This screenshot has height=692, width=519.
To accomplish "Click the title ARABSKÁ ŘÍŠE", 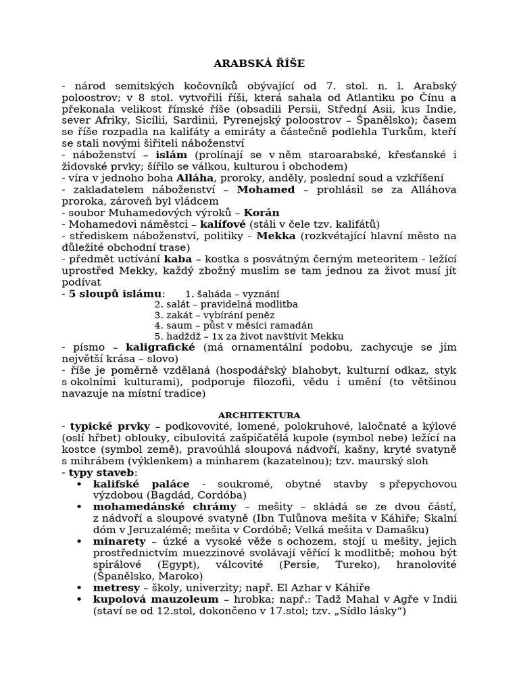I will [x=259, y=64].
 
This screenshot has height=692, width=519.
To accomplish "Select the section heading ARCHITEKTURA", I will [x=259, y=414].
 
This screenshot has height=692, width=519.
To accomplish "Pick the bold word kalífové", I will [x=220, y=224].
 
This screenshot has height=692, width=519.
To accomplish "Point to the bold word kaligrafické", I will [x=160, y=347].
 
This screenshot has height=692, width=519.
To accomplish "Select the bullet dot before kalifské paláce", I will [x=80, y=485].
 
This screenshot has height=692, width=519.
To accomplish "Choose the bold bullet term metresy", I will [x=116, y=588].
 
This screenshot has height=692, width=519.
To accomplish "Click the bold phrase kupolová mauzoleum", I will [x=154, y=599].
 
